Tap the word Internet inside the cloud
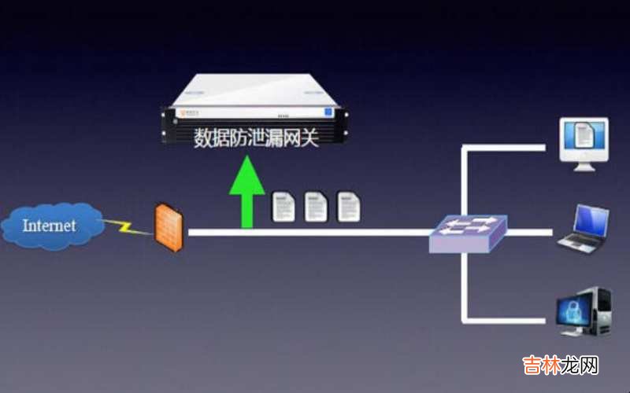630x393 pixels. click(50, 226)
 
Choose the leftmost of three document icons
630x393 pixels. click(283, 206)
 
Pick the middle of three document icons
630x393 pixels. click(316, 206)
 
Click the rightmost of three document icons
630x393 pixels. click(348, 206)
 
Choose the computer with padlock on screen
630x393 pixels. click(584, 312)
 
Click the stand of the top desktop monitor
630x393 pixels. click(584, 165)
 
